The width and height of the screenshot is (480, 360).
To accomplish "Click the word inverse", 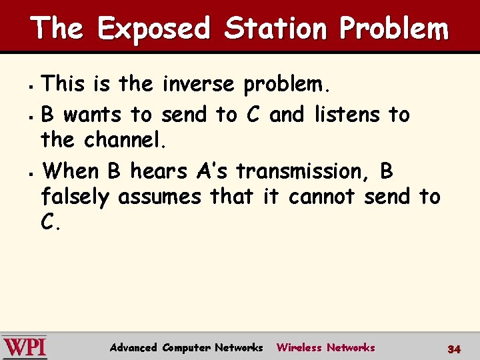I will click(197, 85).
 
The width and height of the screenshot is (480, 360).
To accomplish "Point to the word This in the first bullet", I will click(63, 85).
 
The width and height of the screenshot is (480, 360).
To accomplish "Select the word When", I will click(70, 171).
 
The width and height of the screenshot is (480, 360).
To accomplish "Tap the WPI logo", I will click(24, 347).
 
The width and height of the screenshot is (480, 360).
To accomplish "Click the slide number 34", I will click(454, 349).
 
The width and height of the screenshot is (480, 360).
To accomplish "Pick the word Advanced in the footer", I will click(133, 347).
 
